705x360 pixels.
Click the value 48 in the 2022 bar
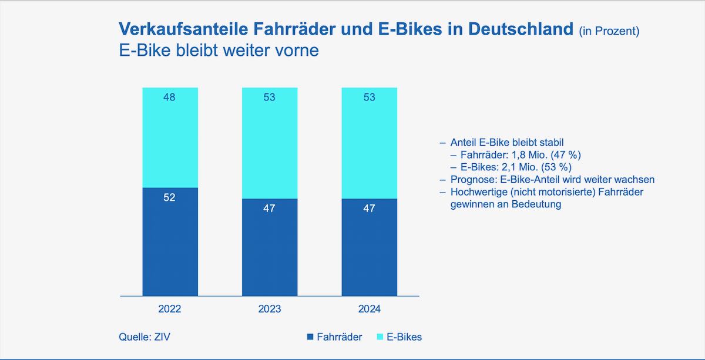tap(170, 97)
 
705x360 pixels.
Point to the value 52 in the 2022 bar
tap(170, 198)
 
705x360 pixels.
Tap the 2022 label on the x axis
tap(170, 309)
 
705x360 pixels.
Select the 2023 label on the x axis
tap(270, 309)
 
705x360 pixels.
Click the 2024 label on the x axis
tap(370, 309)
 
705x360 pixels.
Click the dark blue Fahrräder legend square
tap(310, 337)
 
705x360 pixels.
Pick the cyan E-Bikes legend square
tap(379, 337)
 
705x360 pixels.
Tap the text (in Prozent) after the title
tap(609, 31)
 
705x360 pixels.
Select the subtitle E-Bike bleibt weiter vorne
tap(219, 51)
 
